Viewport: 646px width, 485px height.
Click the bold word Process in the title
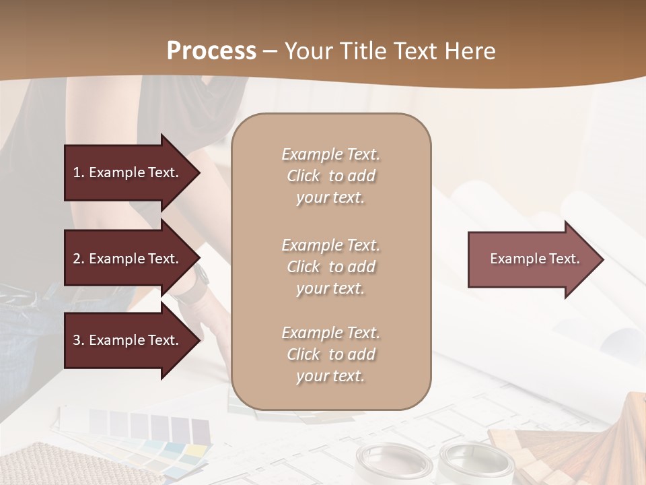[x=211, y=51]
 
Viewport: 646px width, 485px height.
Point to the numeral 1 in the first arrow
[x=76, y=172]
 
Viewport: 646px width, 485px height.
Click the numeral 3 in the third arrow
[x=77, y=340]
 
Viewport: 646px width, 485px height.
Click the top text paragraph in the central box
[x=330, y=176]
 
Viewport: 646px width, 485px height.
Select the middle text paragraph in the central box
[x=330, y=267]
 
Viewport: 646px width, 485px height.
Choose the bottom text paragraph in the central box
[x=330, y=354]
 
